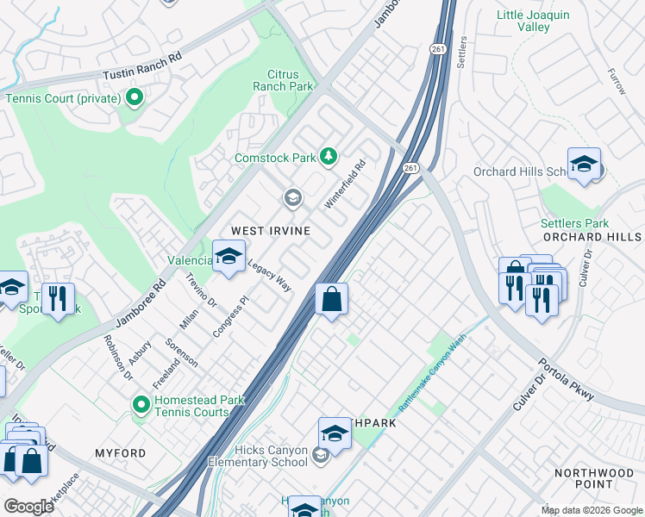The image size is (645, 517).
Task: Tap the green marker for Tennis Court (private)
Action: [134, 98]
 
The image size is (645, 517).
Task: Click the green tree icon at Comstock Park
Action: [328, 157]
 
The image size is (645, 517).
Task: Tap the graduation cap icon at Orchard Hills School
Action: [584, 164]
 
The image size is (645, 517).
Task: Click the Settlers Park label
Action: [574, 224]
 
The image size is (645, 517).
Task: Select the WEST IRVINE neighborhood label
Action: [269, 231]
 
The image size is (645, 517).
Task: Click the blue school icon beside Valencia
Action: [229, 256]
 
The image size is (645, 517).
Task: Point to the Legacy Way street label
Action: [269, 275]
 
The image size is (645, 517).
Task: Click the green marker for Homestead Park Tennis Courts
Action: [140, 403]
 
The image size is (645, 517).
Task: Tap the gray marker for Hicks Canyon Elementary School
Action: [321, 456]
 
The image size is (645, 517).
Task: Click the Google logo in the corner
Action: [29, 506]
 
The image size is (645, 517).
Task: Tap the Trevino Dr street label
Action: [201, 290]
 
